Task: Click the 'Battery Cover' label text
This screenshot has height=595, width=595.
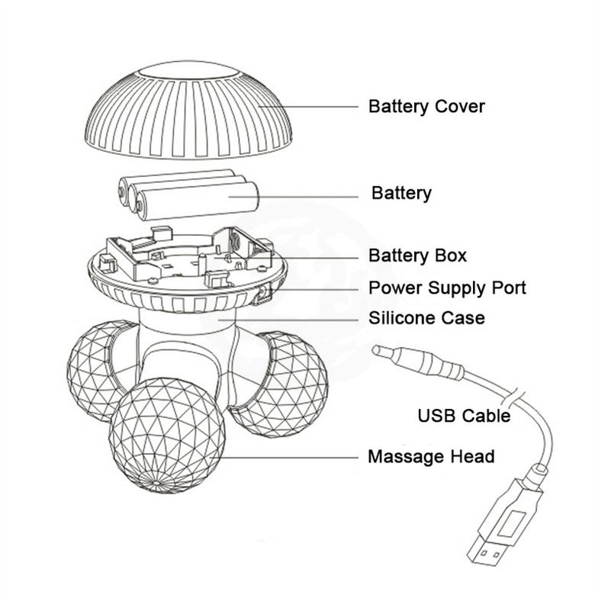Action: (426, 106)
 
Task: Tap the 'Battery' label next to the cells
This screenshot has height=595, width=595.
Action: (401, 193)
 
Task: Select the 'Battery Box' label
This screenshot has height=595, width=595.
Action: (417, 256)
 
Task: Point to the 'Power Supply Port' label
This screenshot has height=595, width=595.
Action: (447, 288)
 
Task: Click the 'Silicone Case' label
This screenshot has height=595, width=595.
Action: (426, 317)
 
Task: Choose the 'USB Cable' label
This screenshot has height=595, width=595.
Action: (464, 416)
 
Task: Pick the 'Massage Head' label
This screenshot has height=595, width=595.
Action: (431, 457)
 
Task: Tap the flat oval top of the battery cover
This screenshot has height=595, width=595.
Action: (187, 73)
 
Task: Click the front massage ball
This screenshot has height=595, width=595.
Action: (167, 435)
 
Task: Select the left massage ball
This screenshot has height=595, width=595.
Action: (95, 370)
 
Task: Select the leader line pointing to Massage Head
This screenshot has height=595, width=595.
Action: (290, 457)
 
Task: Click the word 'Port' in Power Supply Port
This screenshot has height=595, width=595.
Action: (508, 288)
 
